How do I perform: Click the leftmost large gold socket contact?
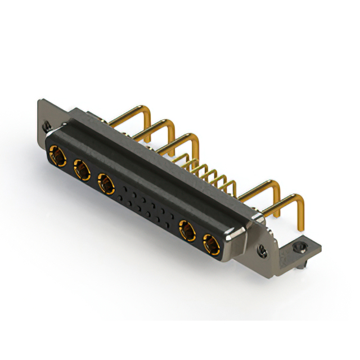57,154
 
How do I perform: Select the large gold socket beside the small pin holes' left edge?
106,183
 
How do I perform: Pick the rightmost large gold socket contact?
211,246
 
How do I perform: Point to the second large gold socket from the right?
187,231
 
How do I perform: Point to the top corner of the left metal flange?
39,101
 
